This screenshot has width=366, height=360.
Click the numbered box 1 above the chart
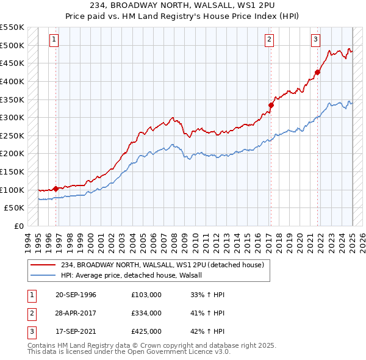click(54, 40)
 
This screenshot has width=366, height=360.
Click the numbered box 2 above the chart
click(269, 40)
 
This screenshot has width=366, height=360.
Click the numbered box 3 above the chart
click(315, 40)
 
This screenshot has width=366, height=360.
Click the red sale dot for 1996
click(56, 189)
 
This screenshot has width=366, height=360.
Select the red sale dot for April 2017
click(271, 105)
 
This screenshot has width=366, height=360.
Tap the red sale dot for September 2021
click(317, 72)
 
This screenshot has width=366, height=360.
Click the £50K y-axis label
click(15, 207)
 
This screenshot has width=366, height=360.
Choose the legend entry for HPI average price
click(135, 275)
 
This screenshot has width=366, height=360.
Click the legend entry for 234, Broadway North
click(162, 265)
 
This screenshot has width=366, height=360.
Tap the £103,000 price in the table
click(146, 295)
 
